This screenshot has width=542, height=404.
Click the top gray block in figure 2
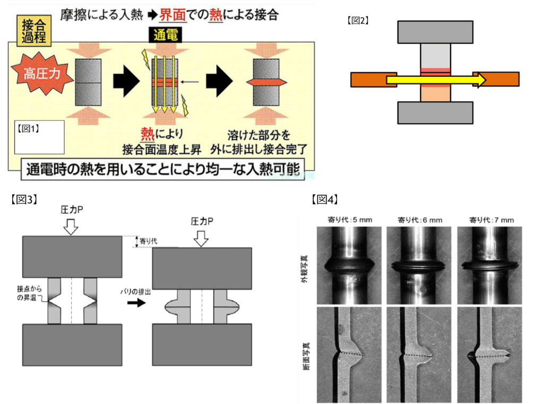click(x=435, y=32)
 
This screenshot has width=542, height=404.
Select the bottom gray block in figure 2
click(x=435, y=112)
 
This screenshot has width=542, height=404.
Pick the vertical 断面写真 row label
click(x=306, y=355)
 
